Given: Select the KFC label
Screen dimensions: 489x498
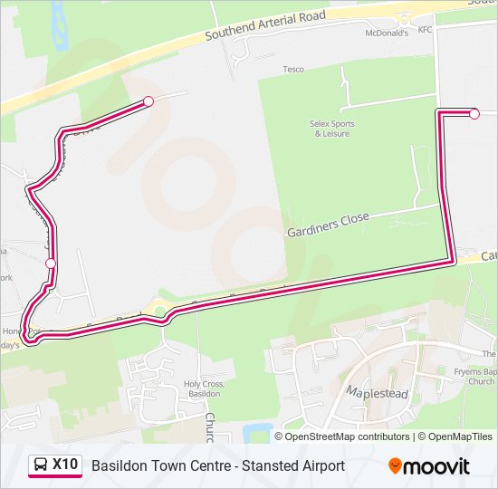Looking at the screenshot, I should tap(425, 29).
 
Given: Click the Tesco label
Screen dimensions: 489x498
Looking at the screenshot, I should tap(292, 69).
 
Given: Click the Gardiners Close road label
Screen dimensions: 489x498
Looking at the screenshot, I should tap(329, 224).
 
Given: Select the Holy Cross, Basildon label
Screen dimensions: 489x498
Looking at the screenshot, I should tap(204, 388).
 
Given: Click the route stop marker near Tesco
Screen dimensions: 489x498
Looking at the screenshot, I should tap(148, 101).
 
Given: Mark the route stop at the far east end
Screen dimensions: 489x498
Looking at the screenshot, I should tap(474, 113).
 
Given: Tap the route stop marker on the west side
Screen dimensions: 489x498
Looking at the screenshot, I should tap(51, 264).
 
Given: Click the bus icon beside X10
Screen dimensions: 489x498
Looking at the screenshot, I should tap(40, 465).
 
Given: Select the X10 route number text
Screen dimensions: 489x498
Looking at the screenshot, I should tap(65, 465).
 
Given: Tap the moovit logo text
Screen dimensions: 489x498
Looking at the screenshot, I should tap(436, 466).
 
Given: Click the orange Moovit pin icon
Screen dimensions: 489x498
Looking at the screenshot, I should tap(395, 465).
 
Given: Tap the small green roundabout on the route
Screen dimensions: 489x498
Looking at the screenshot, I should tap(160, 312).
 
